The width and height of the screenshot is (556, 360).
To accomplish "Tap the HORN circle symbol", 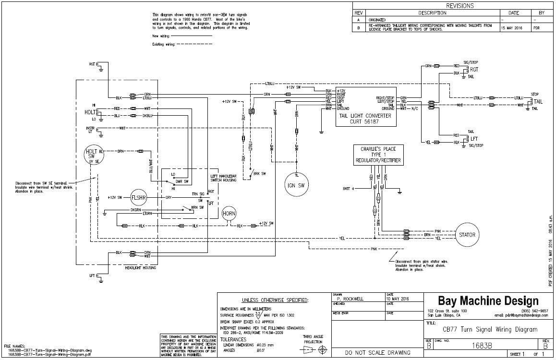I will point(230,213).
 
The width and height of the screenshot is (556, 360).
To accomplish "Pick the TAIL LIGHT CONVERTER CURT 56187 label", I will point(365,119).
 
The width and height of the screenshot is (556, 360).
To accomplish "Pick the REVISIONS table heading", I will point(453,6).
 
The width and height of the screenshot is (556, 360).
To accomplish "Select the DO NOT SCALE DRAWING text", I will point(378,353).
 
